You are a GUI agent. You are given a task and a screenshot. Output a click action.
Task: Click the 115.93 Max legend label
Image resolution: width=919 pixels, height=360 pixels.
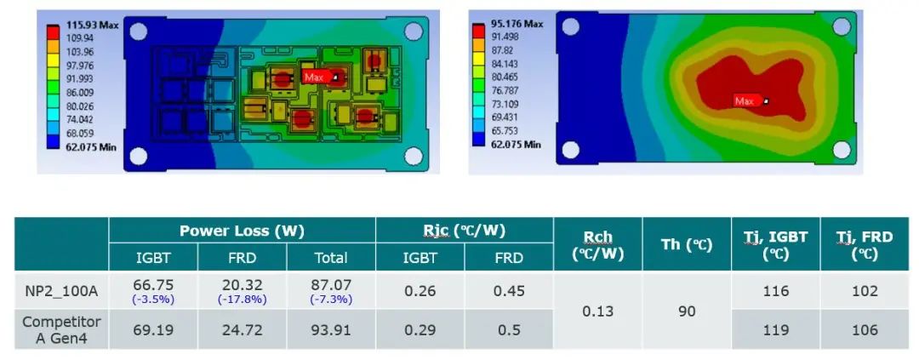pyautogui.click(x=92, y=26)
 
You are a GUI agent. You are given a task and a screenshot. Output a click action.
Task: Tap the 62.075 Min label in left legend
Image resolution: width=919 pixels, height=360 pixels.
pyautogui.click(x=91, y=147)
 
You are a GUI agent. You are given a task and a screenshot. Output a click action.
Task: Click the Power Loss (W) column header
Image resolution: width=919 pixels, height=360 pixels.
pyautogui.click(x=242, y=231)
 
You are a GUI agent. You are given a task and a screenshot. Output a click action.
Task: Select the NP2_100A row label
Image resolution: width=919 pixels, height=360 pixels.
pyautogui.click(x=61, y=291)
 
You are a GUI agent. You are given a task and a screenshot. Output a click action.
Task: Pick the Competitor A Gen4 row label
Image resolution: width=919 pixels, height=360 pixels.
pyautogui.click(x=61, y=330)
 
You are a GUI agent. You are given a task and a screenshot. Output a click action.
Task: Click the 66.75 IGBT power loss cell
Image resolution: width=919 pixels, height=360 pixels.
pyautogui.click(x=153, y=285)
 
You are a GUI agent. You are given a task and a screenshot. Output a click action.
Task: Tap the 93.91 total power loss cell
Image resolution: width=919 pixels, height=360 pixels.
pyautogui.click(x=331, y=330)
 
